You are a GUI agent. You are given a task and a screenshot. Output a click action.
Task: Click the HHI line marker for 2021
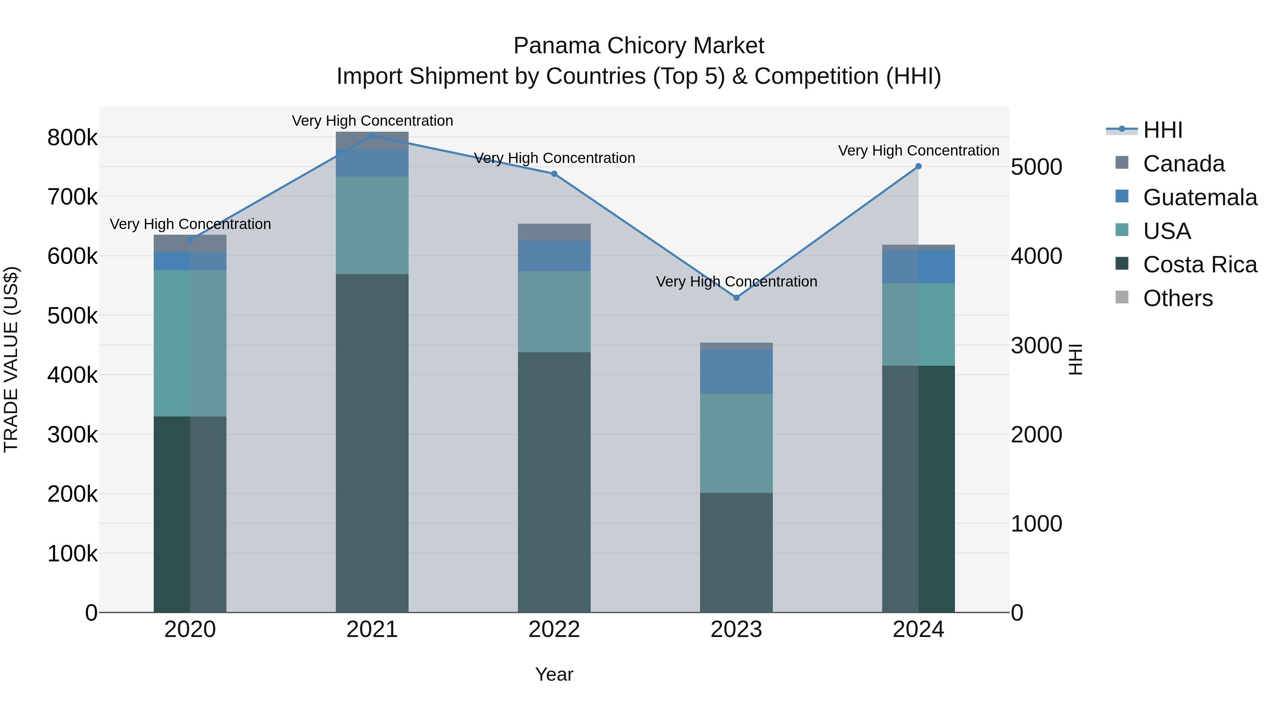(x=372, y=136)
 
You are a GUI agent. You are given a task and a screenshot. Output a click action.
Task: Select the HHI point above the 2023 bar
(x=736, y=298)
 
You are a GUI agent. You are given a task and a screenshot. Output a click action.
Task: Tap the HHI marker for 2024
(x=918, y=166)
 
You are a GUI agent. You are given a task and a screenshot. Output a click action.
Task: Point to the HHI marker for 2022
(x=554, y=174)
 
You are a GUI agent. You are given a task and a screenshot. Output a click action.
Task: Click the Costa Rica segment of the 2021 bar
(x=372, y=442)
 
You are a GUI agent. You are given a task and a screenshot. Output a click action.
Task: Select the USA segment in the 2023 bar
(x=736, y=443)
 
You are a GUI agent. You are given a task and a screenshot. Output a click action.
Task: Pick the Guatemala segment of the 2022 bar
(x=554, y=256)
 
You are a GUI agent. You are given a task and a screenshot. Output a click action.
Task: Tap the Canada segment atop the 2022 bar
(x=554, y=232)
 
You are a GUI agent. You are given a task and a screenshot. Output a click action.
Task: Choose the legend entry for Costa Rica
(x=1200, y=265)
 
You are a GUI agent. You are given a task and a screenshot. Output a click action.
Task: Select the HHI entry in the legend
(x=1162, y=130)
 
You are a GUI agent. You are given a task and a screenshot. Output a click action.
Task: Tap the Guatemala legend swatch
(x=1122, y=196)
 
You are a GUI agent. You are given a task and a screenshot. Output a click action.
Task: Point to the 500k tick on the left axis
(x=72, y=316)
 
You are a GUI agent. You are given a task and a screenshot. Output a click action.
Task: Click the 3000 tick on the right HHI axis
(x=1036, y=346)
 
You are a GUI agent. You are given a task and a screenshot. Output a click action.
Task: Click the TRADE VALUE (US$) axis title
(x=11, y=359)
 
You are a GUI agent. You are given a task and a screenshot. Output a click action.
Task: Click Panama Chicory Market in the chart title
(x=639, y=46)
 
